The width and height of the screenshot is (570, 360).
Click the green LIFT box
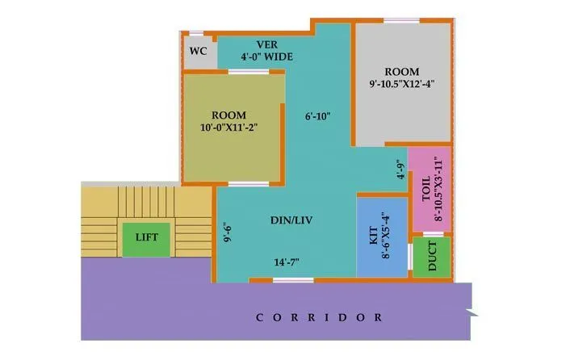click(x=147, y=237)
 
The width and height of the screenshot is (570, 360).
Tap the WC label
click(x=199, y=51)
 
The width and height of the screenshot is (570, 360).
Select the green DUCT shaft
click(x=432, y=257)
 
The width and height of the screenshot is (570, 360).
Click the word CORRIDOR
click(x=319, y=317)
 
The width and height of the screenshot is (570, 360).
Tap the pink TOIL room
click(x=429, y=189)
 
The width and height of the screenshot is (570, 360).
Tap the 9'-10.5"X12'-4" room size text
click(x=402, y=82)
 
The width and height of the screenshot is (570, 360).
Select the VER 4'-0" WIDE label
click(x=266, y=51)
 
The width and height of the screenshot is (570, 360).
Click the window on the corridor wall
click(x=293, y=280)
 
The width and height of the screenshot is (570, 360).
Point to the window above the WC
click(x=197, y=34)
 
